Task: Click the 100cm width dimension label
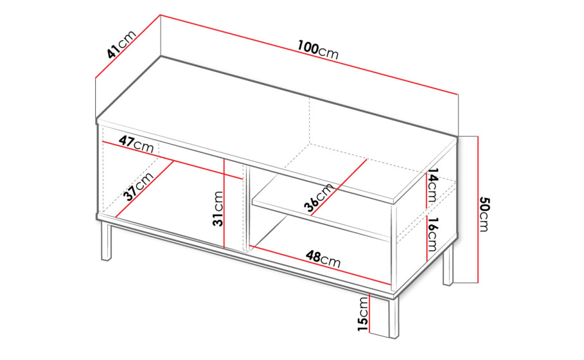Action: point(318,50)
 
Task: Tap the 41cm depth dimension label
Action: point(121,44)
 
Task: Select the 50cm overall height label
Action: point(484,214)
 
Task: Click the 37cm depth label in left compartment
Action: point(139,186)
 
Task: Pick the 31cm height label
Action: point(218,209)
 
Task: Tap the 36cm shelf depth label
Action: point(319,198)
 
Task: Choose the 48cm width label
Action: point(323,258)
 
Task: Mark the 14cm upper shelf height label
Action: point(433,185)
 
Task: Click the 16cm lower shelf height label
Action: point(432,235)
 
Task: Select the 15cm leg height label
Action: point(362,314)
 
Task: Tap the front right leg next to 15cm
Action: point(393,317)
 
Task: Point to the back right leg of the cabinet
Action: point(448,265)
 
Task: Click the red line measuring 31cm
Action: point(224,204)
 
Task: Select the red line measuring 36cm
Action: point(338,188)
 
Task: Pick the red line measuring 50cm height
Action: point(477,210)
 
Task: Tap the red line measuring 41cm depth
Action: point(128,46)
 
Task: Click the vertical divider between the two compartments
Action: point(245,207)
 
